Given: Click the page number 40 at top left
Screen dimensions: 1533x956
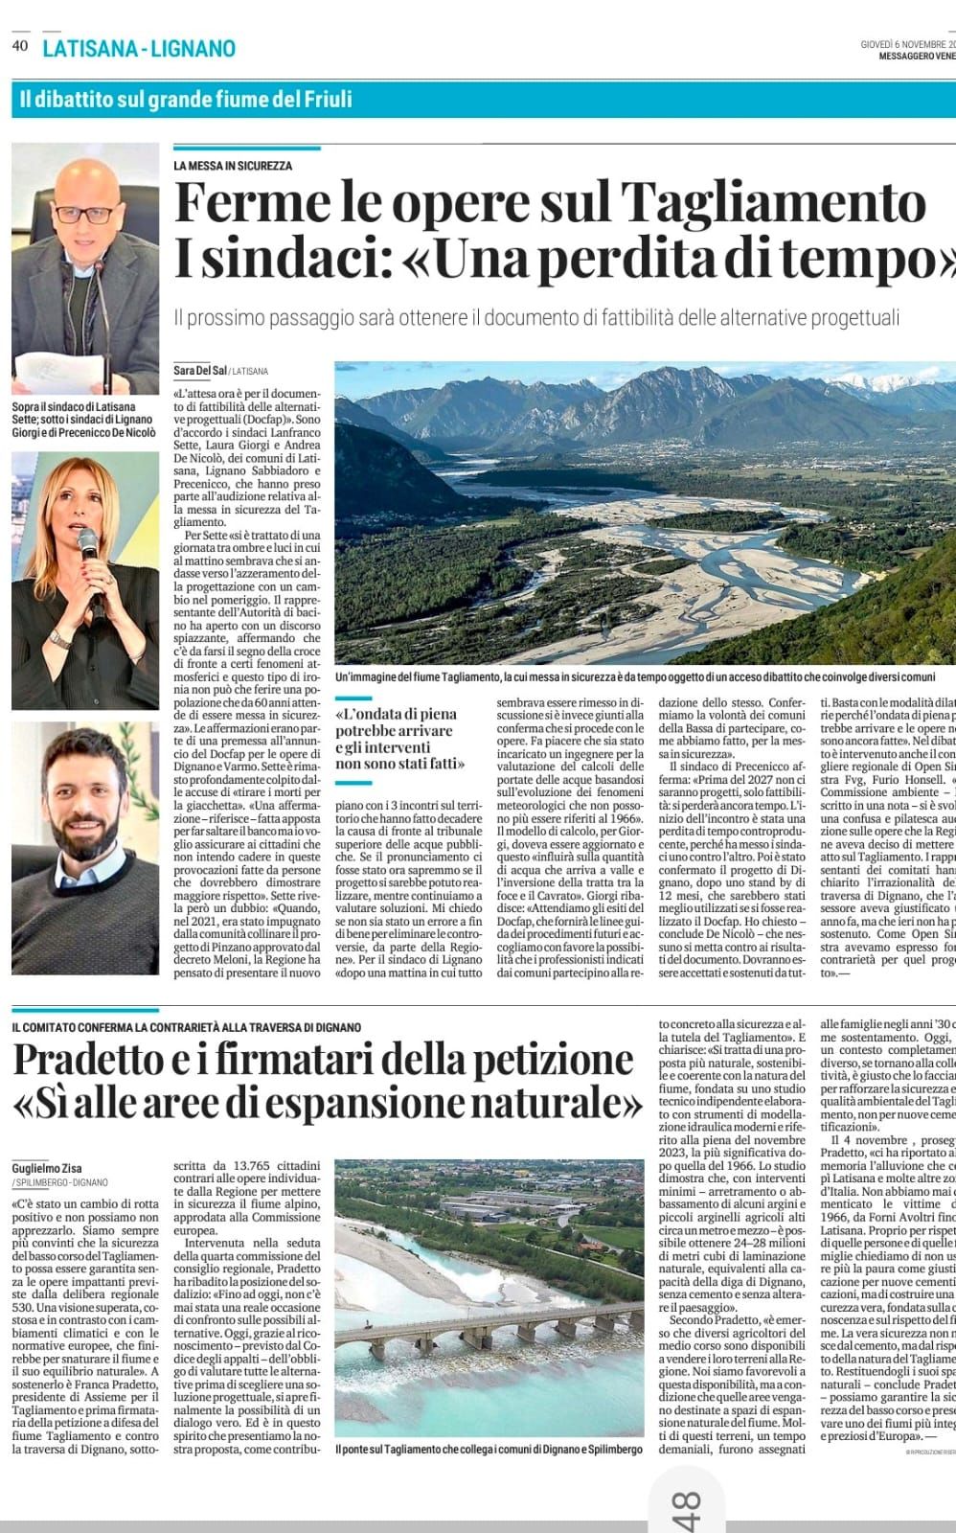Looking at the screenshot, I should (20, 45).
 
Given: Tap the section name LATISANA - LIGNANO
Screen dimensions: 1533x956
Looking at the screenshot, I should (139, 48).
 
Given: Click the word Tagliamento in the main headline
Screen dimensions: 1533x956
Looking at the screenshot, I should (773, 203).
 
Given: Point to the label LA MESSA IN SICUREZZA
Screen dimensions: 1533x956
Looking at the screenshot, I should (233, 166).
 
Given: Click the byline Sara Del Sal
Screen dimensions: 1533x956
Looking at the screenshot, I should (200, 371).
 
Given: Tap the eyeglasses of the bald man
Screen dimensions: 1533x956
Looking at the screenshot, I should (85, 213).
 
